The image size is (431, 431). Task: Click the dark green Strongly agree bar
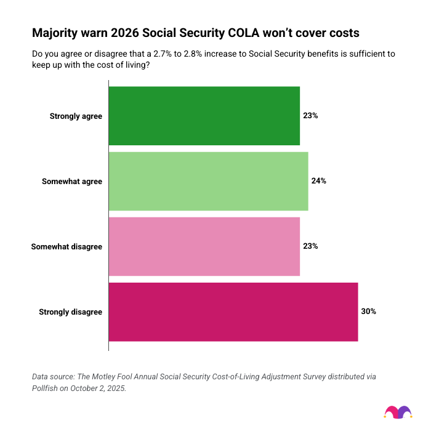204,116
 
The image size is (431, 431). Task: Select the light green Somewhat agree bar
208,181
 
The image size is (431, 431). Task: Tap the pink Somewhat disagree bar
204,246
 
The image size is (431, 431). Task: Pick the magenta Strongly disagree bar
233,312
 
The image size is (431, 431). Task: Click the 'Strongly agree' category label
76,116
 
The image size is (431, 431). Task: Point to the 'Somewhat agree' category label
72,181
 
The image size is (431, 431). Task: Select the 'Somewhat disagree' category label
66,246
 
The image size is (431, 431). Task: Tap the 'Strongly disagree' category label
70,312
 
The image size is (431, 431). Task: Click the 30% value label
368,312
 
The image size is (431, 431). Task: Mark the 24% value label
318,181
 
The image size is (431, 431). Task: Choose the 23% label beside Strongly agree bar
310,116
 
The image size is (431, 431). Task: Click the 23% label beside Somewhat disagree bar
310,246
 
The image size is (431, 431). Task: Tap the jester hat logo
398,411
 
